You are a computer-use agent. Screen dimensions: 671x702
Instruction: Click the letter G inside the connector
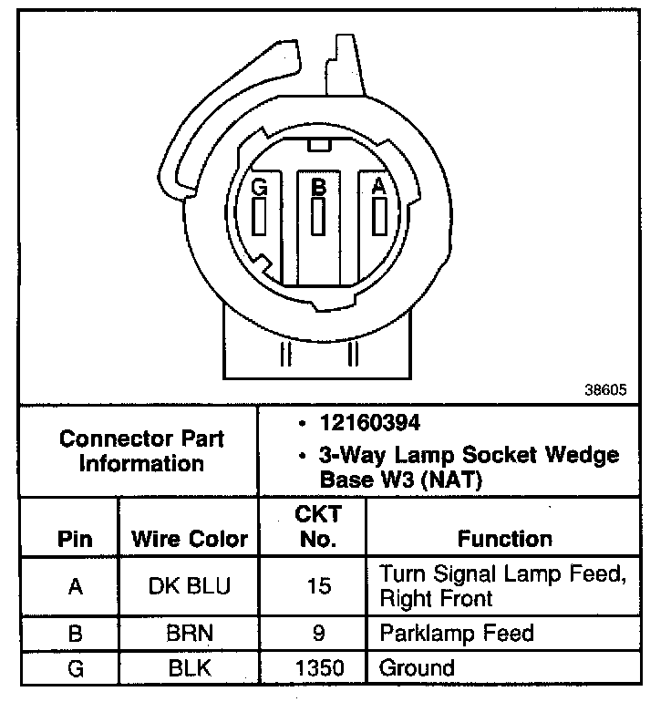[260, 187]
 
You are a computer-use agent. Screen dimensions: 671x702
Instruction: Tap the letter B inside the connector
[318, 187]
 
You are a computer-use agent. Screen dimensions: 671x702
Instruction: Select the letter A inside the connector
[378, 186]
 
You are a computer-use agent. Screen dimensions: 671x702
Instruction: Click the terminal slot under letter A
[378, 217]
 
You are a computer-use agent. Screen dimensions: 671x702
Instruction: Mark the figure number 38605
[605, 389]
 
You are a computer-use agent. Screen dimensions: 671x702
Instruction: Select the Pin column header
[75, 538]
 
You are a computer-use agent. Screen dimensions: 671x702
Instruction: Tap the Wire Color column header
[190, 538]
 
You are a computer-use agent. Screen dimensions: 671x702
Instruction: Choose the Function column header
[504, 538]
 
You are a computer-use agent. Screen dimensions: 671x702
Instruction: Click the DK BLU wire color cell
[190, 585]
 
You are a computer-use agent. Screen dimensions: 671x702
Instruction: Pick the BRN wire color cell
[190, 633]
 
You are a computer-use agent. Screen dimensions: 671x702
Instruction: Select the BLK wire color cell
[190, 668]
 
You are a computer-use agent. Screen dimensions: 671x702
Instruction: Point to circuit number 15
[319, 585]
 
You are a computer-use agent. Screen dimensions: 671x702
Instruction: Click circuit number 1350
[319, 668]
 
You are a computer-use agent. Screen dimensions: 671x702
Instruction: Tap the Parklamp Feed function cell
[456, 632]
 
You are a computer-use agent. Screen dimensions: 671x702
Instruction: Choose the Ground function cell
[417, 668]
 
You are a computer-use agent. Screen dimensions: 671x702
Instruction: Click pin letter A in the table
[75, 585]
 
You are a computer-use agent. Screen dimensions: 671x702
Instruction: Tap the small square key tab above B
[318, 145]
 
